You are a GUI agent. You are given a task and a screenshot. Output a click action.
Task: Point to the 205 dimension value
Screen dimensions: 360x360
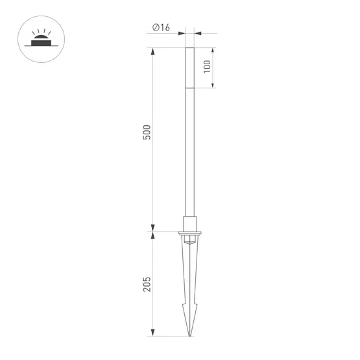147,283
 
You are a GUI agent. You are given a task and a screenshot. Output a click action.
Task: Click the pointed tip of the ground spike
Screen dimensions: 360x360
190,335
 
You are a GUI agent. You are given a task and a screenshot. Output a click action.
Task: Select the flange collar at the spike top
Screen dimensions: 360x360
190,232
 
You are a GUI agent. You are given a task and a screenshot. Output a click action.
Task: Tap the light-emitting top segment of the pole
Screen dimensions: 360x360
190,67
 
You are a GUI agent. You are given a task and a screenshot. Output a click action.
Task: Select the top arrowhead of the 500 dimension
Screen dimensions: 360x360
154,50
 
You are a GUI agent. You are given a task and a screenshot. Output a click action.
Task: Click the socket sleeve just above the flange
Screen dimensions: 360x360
190,223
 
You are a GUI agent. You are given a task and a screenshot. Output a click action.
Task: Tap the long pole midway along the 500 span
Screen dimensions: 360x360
190,139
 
